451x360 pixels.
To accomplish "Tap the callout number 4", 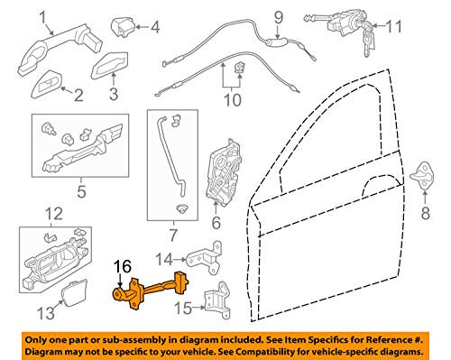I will pyautogui.click(x=154, y=26).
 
